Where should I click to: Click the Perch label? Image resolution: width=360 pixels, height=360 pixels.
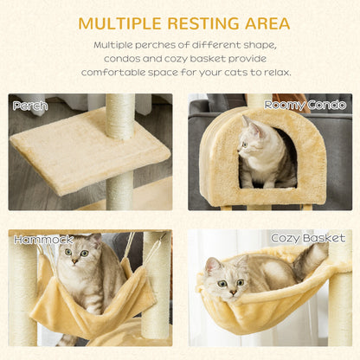click(x=31, y=106)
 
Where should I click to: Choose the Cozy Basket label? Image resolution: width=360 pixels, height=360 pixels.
click(x=308, y=238)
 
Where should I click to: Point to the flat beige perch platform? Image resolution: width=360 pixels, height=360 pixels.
click(x=87, y=151)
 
